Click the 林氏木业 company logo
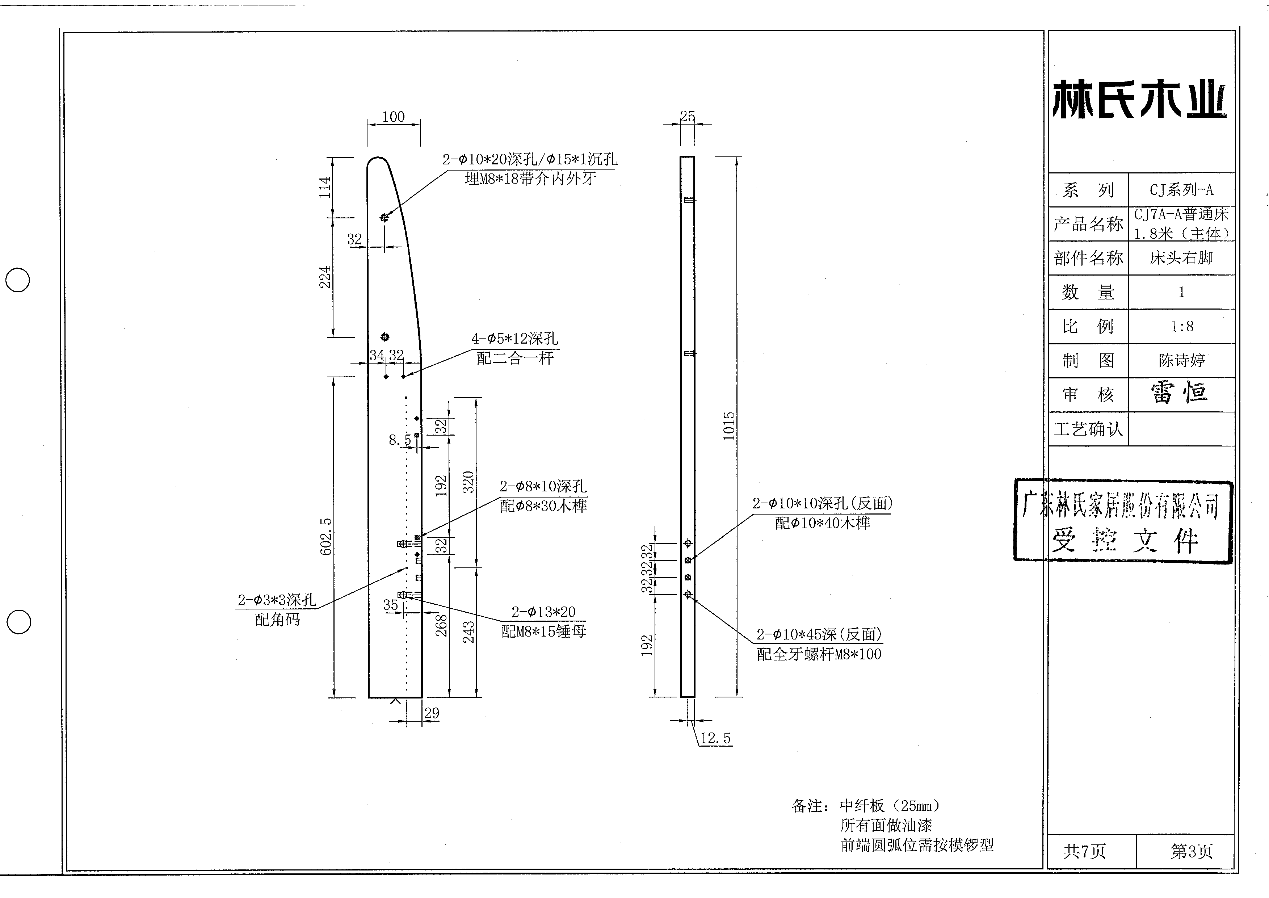point(1139,100)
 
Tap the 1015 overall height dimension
point(729,426)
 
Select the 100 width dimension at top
point(393,117)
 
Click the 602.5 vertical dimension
point(326,536)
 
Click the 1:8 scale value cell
point(1182,326)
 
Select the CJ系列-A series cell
point(1182,190)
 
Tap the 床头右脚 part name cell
point(1182,258)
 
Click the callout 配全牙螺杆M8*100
point(819,654)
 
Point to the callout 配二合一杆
point(515,358)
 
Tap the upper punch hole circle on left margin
point(18,280)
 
